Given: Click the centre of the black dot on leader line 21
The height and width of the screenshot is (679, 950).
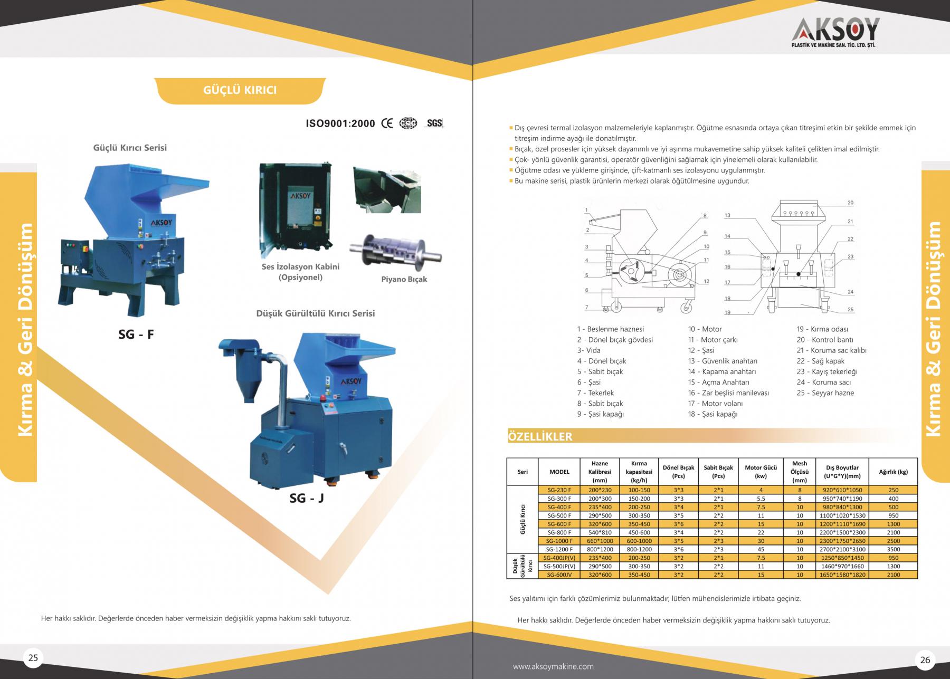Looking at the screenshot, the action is point(798,274).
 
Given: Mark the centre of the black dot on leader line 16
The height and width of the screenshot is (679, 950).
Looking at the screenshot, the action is point(773,269).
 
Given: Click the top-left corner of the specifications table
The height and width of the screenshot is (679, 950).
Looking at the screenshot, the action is point(507,458).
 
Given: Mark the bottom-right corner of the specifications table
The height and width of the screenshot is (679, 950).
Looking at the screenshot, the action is point(918,578).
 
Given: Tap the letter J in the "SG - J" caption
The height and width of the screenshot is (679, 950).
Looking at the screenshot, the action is point(320,498).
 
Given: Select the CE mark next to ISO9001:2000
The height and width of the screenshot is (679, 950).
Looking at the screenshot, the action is point(387,123).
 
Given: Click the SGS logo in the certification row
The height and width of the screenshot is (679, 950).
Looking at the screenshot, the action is point(434,123).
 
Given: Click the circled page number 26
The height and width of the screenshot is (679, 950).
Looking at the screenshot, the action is point(925,660).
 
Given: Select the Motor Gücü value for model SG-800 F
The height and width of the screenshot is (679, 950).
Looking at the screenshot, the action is point(761,532).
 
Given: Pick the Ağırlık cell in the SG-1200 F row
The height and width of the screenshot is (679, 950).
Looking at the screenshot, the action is point(893,549).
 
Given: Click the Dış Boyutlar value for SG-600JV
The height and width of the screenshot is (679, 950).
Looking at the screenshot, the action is point(842,575).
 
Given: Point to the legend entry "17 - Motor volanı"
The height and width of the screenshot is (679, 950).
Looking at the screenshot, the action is point(715,404).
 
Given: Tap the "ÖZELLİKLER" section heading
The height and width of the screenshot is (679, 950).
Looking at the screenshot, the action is point(539,437).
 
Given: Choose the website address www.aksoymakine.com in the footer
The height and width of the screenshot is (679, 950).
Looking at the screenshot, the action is point(553,666).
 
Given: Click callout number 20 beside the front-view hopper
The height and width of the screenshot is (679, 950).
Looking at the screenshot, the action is point(850,203).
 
